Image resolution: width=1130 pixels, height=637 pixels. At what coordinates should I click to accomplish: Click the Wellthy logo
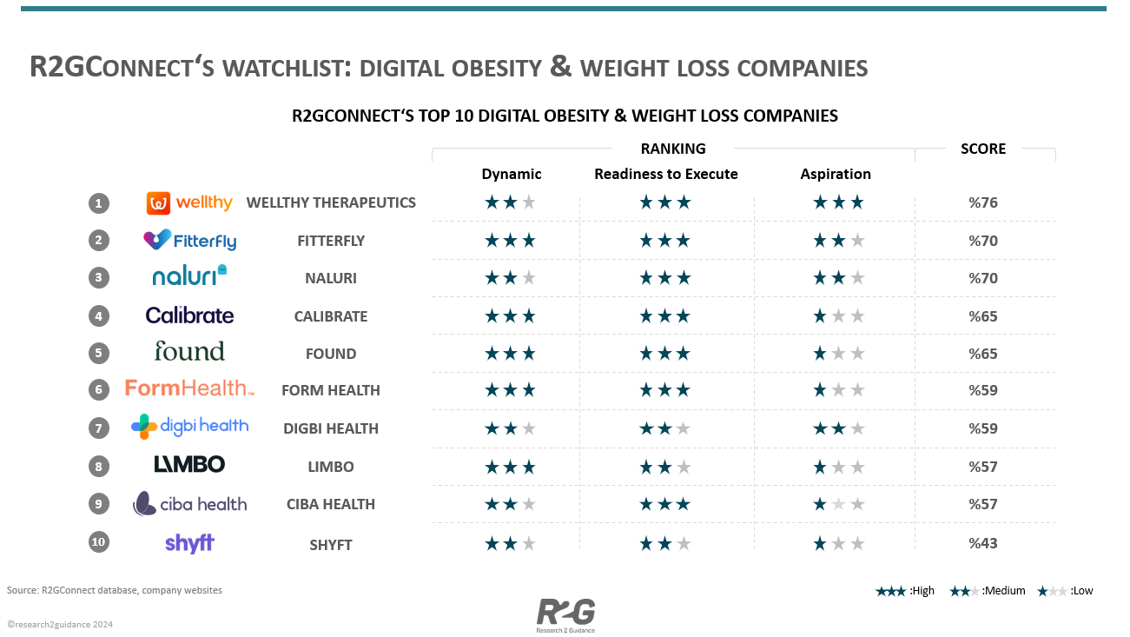coord(189,203)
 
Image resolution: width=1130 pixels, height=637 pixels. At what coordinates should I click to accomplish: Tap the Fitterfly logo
coord(189,240)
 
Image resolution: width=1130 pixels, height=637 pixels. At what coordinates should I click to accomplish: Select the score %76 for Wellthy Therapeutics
coord(983,203)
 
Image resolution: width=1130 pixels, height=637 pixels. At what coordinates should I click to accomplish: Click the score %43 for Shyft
coord(983,543)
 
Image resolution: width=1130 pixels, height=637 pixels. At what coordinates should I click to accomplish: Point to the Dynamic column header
coord(512,174)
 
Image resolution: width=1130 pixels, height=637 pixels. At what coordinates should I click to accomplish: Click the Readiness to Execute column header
coord(665,174)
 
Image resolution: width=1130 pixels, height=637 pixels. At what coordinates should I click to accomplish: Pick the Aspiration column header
coord(836,174)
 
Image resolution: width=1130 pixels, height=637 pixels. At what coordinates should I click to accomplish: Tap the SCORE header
coord(983,149)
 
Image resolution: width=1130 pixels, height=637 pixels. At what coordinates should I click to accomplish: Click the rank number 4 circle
coord(98,315)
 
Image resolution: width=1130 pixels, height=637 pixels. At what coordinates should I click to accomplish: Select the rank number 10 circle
coord(98,542)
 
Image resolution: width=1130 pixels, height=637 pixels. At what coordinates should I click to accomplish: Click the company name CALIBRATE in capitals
coord(331,316)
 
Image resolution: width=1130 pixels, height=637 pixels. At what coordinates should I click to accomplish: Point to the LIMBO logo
coord(189,465)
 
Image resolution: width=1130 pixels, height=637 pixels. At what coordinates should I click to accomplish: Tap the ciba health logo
coord(189,503)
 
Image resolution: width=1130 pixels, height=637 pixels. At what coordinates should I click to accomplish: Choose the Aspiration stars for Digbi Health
coord(838,428)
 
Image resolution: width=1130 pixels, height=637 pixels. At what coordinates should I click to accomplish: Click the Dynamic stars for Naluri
coord(510,278)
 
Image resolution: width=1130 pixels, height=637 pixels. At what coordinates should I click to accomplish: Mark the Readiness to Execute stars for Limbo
coord(664,467)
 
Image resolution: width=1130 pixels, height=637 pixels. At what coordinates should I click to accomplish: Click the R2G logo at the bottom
coord(565,614)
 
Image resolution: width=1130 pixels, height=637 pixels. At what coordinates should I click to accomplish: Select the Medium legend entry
coord(987,591)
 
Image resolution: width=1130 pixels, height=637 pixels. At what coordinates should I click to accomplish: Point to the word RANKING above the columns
coord(673,149)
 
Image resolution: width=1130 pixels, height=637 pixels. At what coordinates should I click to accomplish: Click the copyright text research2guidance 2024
coord(60,624)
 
